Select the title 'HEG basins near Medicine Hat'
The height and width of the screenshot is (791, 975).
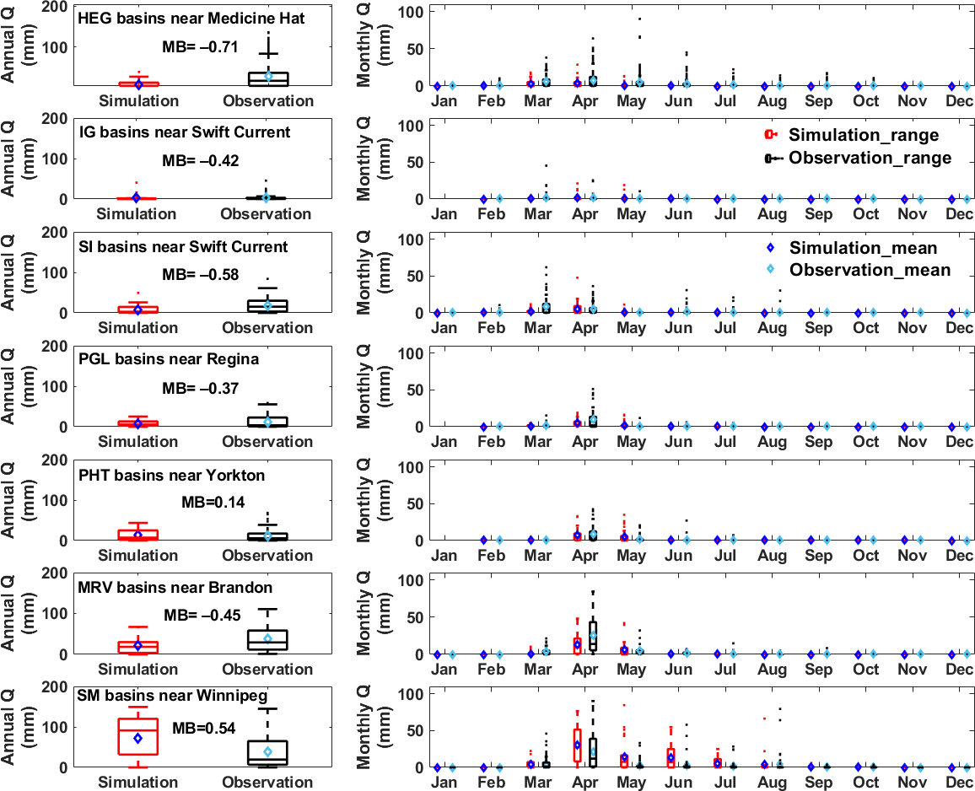pyautogui.click(x=191, y=18)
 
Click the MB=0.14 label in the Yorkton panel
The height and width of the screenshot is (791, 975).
pyautogui.click(x=213, y=502)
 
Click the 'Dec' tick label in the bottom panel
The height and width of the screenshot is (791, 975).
pyautogui.click(x=959, y=783)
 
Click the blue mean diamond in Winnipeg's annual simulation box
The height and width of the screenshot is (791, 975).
pyautogui.click(x=138, y=738)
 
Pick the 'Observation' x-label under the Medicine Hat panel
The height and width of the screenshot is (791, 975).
pyautogui.click(x=267, y=101)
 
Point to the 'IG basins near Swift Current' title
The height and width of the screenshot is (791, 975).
pyautogui.click(x=184, y=132)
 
